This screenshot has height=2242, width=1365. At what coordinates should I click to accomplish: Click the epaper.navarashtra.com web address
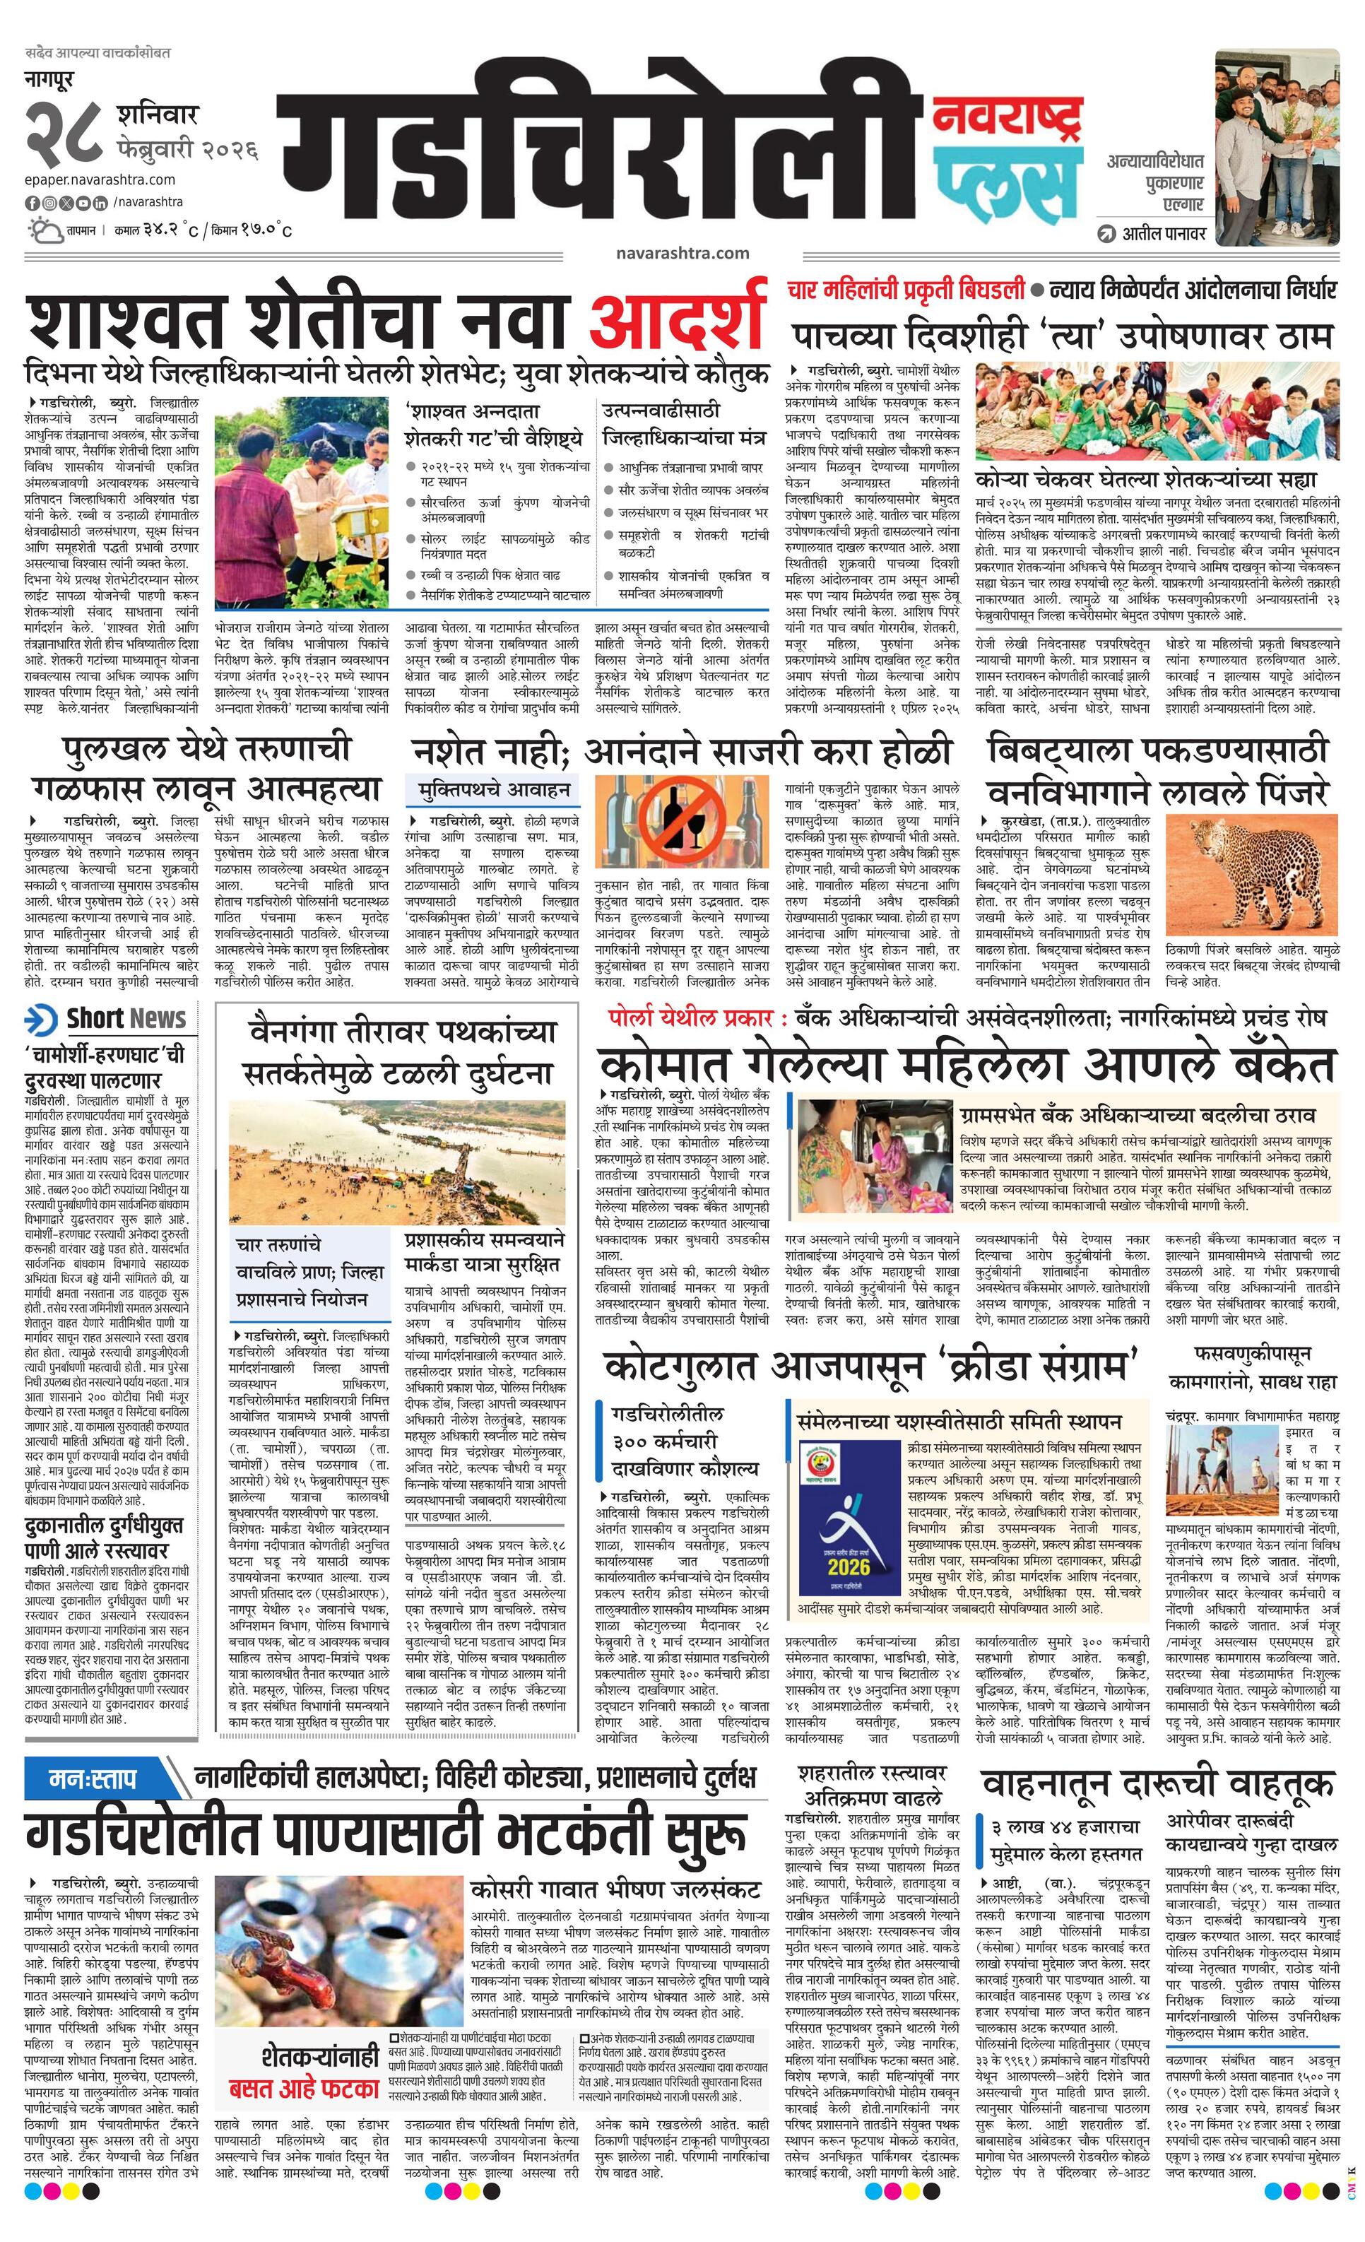pyautogui.click(x=100, y=180)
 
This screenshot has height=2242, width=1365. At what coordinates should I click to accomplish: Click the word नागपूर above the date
pyautogui.click(x=51, y=80)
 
